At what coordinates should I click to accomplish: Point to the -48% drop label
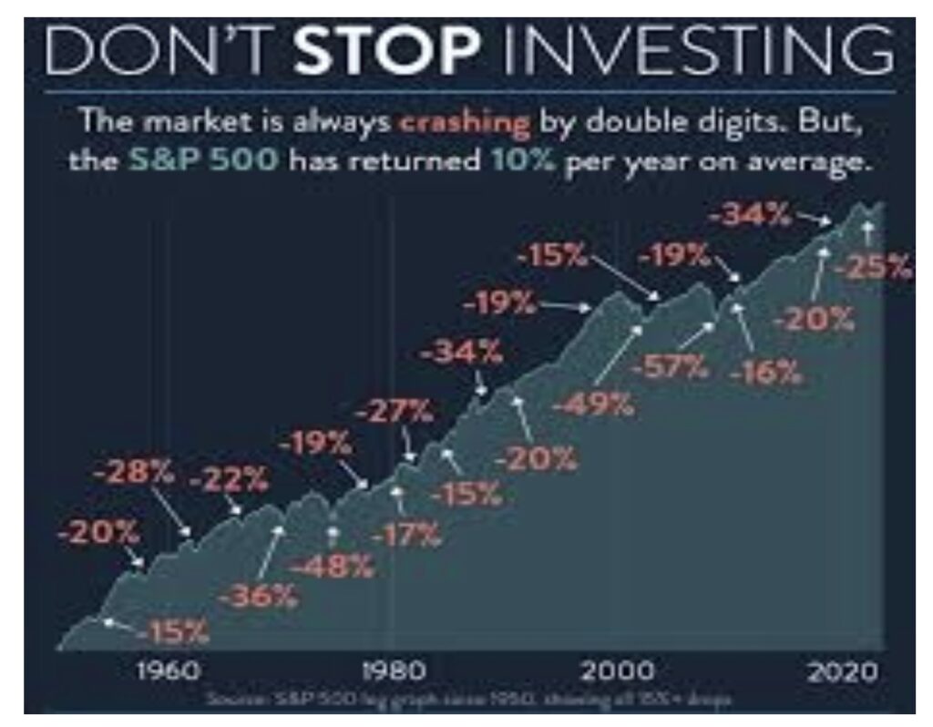tap(333, 566)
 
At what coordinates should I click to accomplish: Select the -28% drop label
tap(133, 474)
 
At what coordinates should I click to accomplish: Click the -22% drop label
tap(229, 477)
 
